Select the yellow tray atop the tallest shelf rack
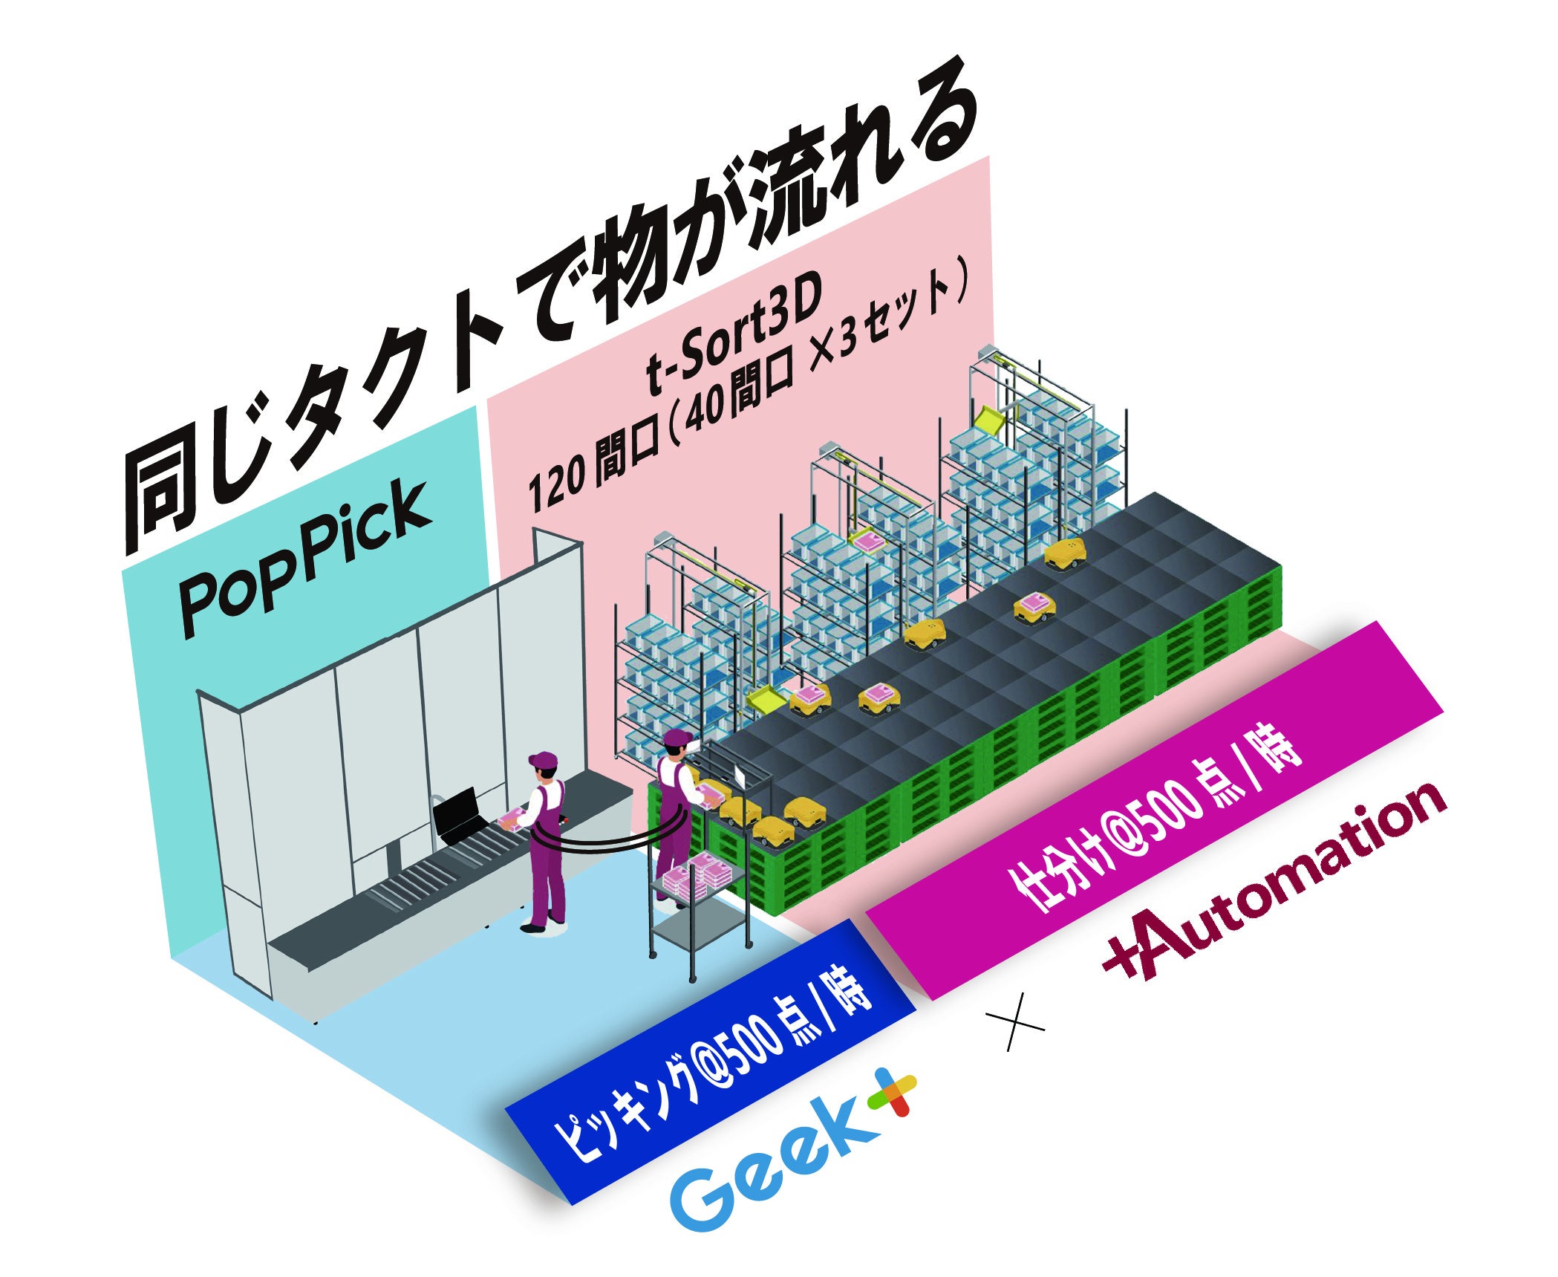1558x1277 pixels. [990, 420]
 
